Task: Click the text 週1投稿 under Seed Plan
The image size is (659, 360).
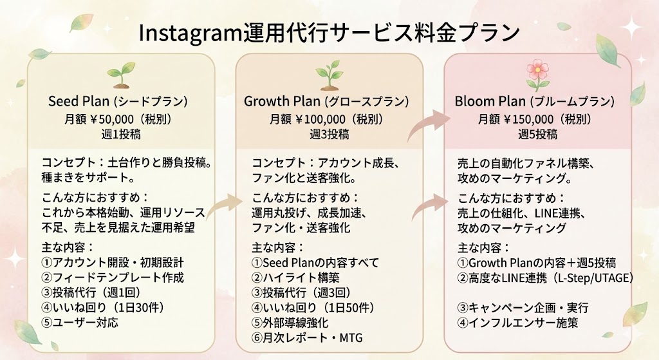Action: point(121,135)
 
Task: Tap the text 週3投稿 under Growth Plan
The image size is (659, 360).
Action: point(329,135)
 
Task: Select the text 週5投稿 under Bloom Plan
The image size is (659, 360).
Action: point(538,135)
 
